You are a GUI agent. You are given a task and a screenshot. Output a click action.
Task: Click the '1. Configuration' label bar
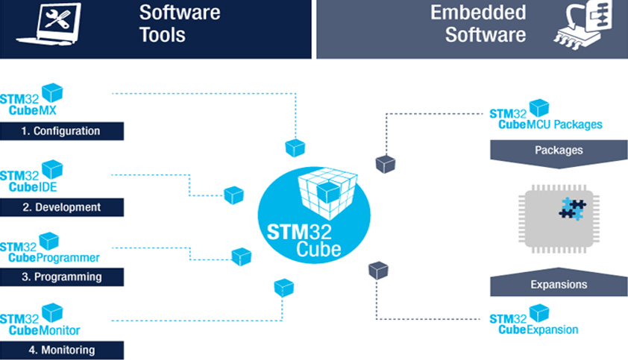tap(61, 131)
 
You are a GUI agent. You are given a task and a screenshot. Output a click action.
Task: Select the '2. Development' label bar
tap(61, 206)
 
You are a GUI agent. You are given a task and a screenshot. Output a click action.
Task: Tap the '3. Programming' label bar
tap(61, 277)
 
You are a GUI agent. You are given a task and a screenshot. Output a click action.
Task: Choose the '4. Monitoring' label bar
tap(61, 350)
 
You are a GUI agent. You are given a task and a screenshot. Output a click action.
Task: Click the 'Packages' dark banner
tap(559, 150)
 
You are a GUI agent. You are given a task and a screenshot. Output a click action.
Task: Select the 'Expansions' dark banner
tap(559, 284)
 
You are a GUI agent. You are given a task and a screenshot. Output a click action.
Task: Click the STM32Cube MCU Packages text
tap(545, 119)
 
